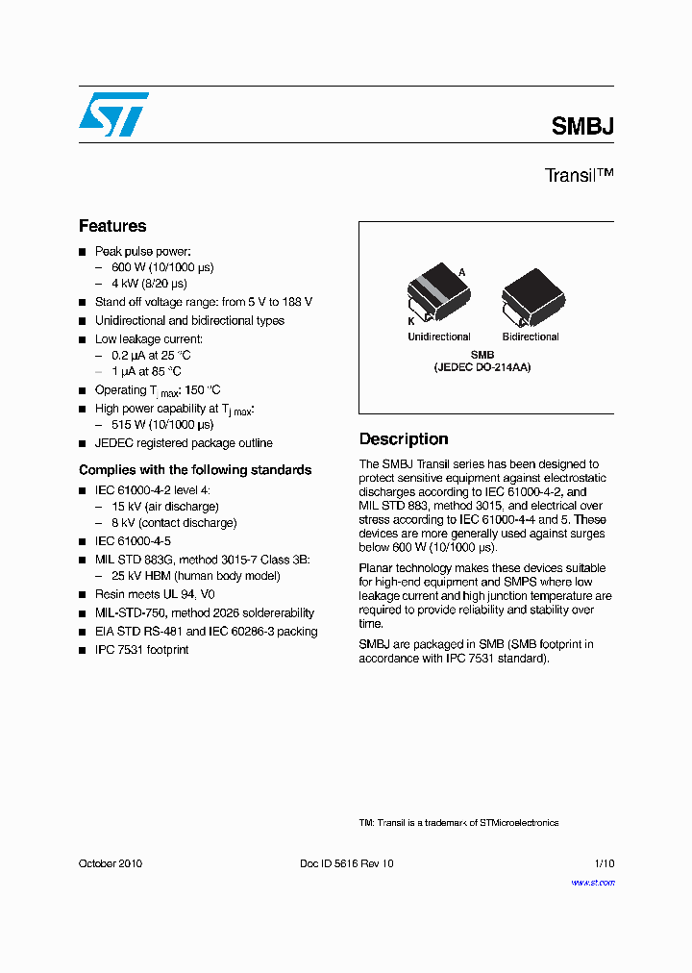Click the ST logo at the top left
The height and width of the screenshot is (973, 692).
pyautogui.click(x=113, y=114)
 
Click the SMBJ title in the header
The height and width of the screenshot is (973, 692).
pyautogui.click(x=582, y=126)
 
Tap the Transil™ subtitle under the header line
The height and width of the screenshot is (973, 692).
pyautogui.click(x=579, y=176)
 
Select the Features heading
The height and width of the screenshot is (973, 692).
pyautogui.click(x=112, y=226)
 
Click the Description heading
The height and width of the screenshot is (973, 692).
pyautogui.click(x=404, y=439)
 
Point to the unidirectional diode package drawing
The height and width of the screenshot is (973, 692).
pyautogui.click(x=437, y=297)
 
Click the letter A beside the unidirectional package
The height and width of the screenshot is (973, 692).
pyautogui.click(x=461, y=273)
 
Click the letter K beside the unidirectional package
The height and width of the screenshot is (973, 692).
pyautogui.click(x=410, y=320)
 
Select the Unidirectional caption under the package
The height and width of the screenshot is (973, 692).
pyautogui.click(x=439, y=337)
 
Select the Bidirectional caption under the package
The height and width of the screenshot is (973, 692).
pyautogui.click(x=531, y=337)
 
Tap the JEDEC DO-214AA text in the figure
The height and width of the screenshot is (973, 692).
pyautogui.click(x=482, y=367)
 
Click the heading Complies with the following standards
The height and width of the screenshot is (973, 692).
pyautogui.click(x=195, y=470)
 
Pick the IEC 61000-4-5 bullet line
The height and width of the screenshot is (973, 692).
pyautogui.click(x=133, y=541)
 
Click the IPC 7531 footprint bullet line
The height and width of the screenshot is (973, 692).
pyautogui.click(x=141, y=650)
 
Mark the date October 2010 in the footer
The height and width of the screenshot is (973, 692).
pyautogui.click(x=111, y=863)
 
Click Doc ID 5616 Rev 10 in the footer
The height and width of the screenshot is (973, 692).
pyautogui.click(x=347, y=863)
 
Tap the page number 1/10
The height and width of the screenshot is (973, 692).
pyautogui.click(x=604, y=863)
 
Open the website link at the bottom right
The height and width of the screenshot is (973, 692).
pyautogui.click(x=593, y=883)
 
